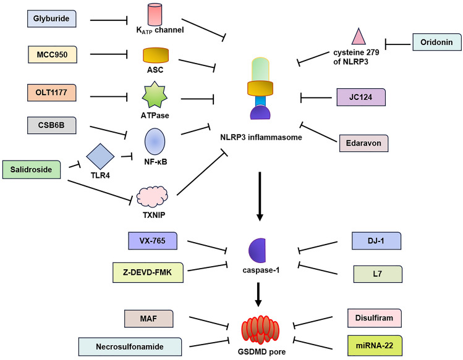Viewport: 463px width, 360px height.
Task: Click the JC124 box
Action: coord(361,97)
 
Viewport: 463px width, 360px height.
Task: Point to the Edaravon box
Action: coord(364,143)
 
